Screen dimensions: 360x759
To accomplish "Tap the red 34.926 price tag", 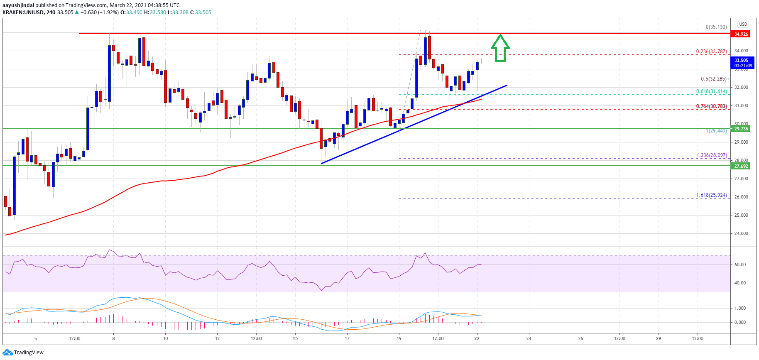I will click(741, 34).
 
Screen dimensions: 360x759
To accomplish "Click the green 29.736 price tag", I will click(741, 129).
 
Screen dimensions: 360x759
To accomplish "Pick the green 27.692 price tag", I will click(741, 166).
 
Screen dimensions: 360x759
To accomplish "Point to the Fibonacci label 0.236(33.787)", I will click(711, 51).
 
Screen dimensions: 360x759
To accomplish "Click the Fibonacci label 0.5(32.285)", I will click(714, 79).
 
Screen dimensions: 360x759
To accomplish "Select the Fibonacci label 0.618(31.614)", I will click(711, 91).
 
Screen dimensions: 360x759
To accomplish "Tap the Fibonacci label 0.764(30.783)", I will click(711, 106).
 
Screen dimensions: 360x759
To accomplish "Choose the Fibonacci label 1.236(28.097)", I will click(711, 155).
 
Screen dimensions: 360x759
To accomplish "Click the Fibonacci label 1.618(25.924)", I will click(711, 195).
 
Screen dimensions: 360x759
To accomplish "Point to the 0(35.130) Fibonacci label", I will click(716, 27).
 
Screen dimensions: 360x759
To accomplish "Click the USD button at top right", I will click(743, 24).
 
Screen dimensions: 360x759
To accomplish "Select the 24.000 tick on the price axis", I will click(741, 233).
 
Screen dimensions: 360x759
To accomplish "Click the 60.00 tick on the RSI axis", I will click(740, 264).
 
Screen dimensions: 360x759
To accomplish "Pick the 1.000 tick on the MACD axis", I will click(740, 308).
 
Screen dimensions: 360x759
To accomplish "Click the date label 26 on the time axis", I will click(580, 338).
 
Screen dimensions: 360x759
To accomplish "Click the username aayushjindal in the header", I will click(18, 5).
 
